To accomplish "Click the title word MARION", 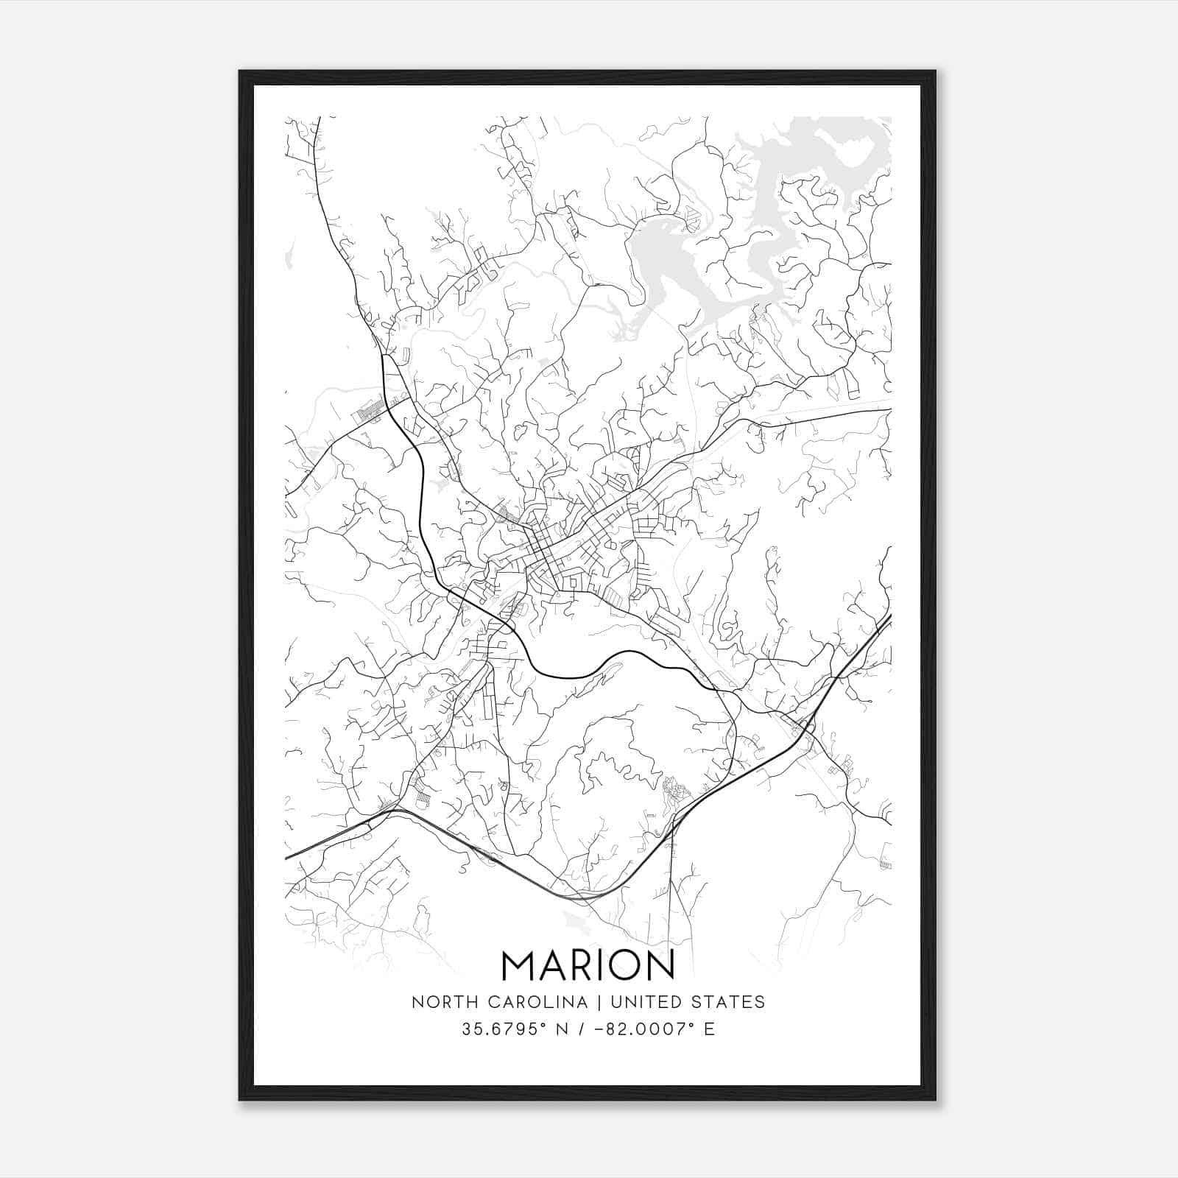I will click(588, 965).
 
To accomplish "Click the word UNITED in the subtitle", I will click(644, 1002).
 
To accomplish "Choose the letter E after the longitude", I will click(710, 1029).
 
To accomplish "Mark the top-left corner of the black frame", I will click(240, 71).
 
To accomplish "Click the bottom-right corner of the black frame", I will click(935, 1100).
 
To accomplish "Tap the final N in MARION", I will click(660, 965).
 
